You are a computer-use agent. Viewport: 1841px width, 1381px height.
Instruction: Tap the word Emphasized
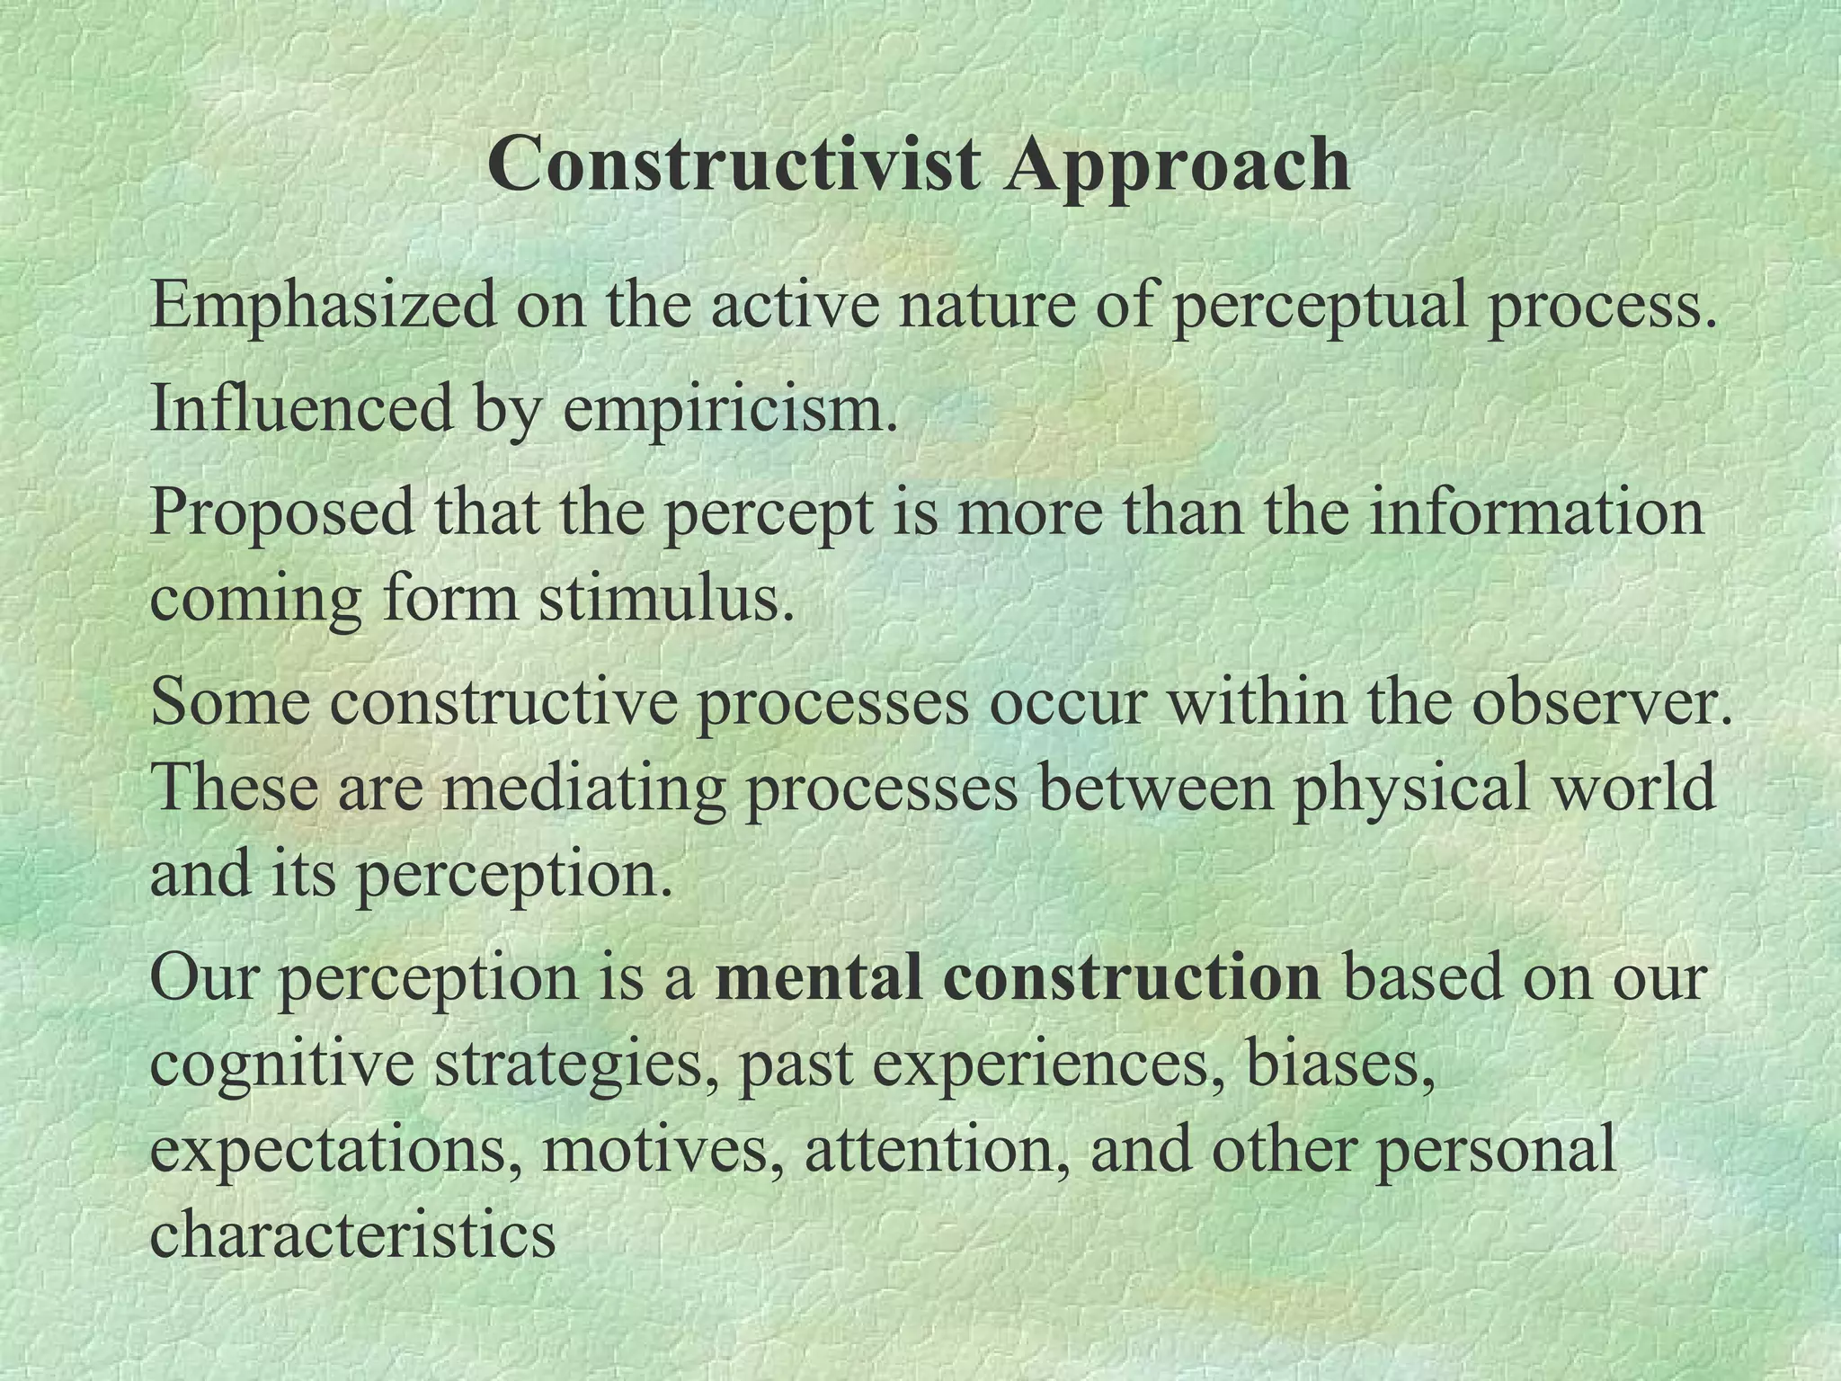(x=323, y=306)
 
